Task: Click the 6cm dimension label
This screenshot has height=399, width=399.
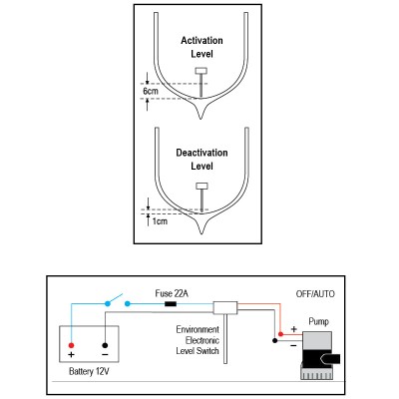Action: (151, 91)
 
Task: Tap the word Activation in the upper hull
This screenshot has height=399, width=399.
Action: (201, 40)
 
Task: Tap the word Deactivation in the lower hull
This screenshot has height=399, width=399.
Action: (201, 153)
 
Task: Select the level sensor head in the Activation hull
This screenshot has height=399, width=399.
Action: (200, 70)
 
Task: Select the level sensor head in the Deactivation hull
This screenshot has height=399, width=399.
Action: (200, 187)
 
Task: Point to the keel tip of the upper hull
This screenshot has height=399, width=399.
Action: (201, 118)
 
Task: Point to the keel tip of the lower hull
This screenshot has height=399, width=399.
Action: (201, 236)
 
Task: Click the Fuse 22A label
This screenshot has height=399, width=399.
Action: (173, 293)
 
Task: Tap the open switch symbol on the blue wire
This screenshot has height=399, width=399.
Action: (118, 300)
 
